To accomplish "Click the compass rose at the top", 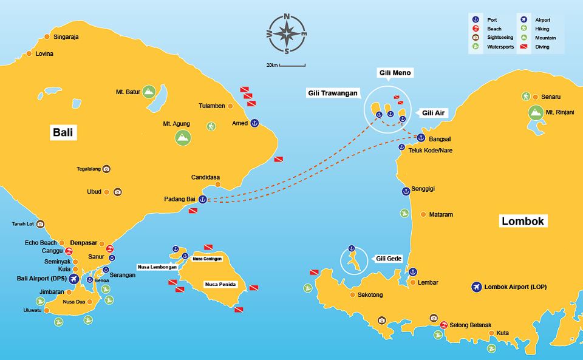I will pyautogui.click(x=287, y=35).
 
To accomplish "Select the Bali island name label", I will pyautogui.click(x=63, y=132).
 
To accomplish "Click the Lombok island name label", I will pyautogui.click(x=523, y=221).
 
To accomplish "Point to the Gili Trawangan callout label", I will pyautogui.click(x=332, y=93).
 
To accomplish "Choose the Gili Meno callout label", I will pyautogui.click(x=395, y=73).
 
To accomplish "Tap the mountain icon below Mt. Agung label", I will pyautogui.click(x=182, y=138).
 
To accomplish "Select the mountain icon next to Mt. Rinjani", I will pyautogui.click(x=535, y=112).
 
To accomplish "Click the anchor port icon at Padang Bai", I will pyautogui.click(x=203, y=199).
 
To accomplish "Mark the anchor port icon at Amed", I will pyautogui.click(x=255, y=123).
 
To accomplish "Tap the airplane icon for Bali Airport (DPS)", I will pyautogui.click(x=73, y=279).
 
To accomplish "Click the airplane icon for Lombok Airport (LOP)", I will pyautogui.click(x=476, y=287).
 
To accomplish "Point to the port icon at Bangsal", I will pyautogui.click(x=420, y=138).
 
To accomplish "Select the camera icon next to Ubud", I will pyautogui.click(x=118, y=192).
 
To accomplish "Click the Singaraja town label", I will pyautogui.click(x=66, y=37).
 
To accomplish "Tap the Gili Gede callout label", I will pyautogui.click(x=389, y=258).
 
